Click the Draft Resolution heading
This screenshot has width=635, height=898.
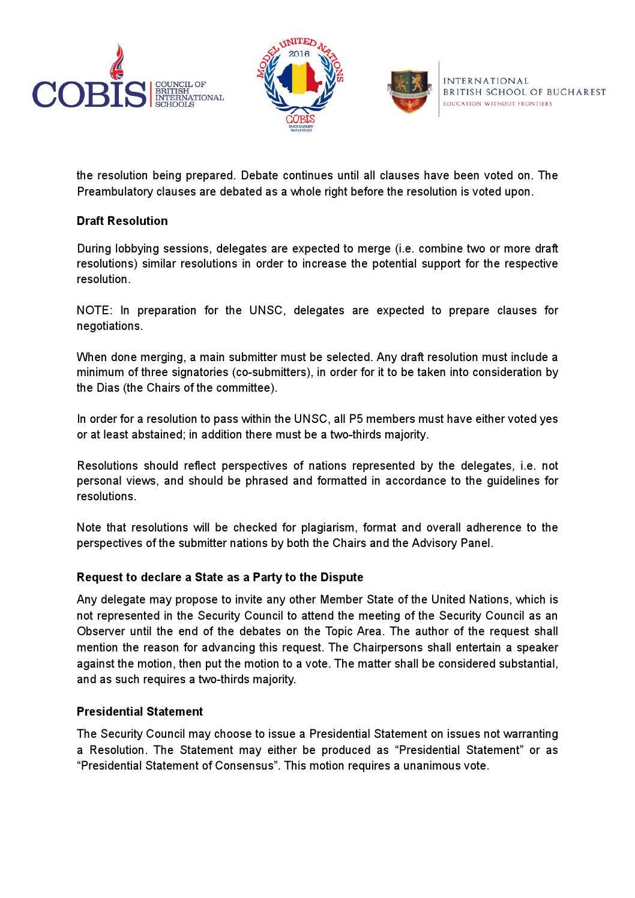[122, 221]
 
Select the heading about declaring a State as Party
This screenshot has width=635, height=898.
[220, 577]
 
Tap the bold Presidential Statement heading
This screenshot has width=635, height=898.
[140, 711]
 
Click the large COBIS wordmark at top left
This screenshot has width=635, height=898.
[89, 94]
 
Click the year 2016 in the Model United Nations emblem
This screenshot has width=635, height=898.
[299, 54]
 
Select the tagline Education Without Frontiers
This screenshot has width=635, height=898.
[497, 104]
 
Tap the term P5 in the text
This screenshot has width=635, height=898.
[357, 419]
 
